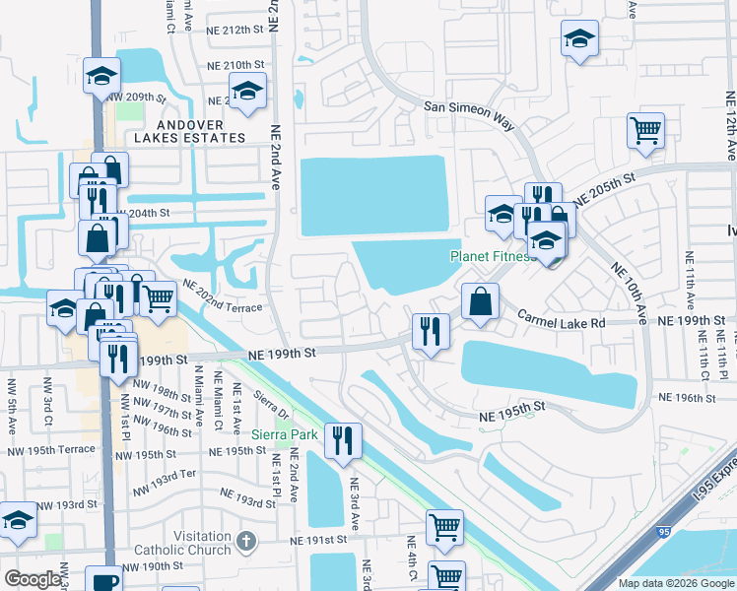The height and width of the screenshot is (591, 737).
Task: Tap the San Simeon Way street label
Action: [x=470, y=109]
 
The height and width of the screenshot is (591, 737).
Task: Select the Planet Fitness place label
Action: [x=493, y=257]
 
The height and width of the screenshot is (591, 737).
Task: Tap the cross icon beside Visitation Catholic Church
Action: [x=246, y=541]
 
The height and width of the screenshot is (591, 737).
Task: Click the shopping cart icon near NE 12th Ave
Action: [x=645, y=129]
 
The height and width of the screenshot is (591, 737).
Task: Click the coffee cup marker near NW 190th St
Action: [x=103, y=578]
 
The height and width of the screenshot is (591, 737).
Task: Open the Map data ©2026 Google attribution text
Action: [x=675, y=583]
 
